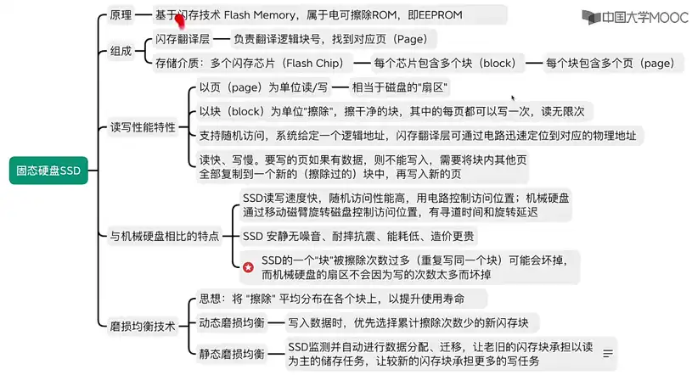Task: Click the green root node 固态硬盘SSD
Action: (48, 171)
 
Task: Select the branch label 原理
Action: (121, 15)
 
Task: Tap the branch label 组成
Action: (121, 51)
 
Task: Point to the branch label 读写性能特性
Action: (143, 127)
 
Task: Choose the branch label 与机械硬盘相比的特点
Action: (165, 237)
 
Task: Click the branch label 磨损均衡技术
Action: (143, 327)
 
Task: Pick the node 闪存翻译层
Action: (183, 39)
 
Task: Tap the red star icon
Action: (249, 267)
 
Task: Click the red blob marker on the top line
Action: (180, 20)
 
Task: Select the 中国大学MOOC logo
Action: (634, 17)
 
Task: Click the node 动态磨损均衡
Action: (232, 323)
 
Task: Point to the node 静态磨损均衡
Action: (232, 354)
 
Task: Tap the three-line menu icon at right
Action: (608, 354)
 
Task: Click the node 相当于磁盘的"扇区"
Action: (400, 87)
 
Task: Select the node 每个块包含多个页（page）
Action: (610, 63)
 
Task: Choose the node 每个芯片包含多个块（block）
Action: (445, 63)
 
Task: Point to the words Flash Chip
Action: (315, 63)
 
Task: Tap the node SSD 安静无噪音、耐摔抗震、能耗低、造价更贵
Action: (358, 237)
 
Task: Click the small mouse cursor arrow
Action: (513, 98)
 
